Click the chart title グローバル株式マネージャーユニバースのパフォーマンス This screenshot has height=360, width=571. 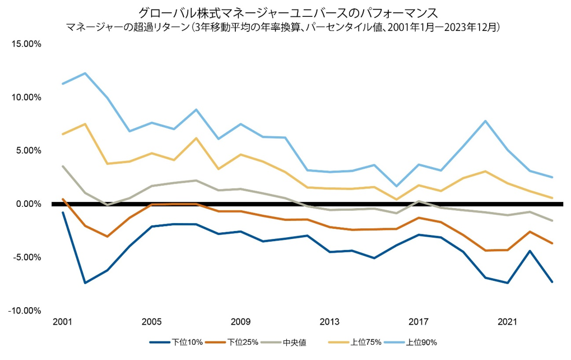click(x=286, y=12)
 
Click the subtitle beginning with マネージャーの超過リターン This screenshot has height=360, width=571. click(x=286, y=26)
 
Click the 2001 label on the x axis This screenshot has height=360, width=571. click(x=63, y=322)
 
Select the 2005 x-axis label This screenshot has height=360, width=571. click(x=152, y=322)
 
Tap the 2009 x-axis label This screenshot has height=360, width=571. click(x=241, y=322)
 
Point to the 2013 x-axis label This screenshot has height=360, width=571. click(x=329, y=322)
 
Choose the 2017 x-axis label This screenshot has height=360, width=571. click(x=419, y=322)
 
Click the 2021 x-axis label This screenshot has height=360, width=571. click(x=508, y=322)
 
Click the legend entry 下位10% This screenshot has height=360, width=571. click(x=185, y=342)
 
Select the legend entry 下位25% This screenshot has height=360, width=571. click(x=242, y=342)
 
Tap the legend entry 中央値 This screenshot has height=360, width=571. click(x=294, y=342)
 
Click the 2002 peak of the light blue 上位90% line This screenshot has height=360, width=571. click(x=85, y=73)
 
